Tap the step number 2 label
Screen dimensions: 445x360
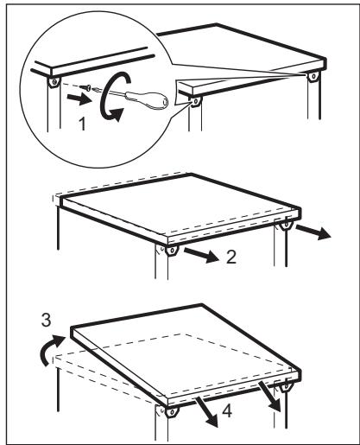(225, 257)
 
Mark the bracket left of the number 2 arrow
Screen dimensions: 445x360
(169, 252)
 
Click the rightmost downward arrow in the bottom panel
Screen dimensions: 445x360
(275, 397)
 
